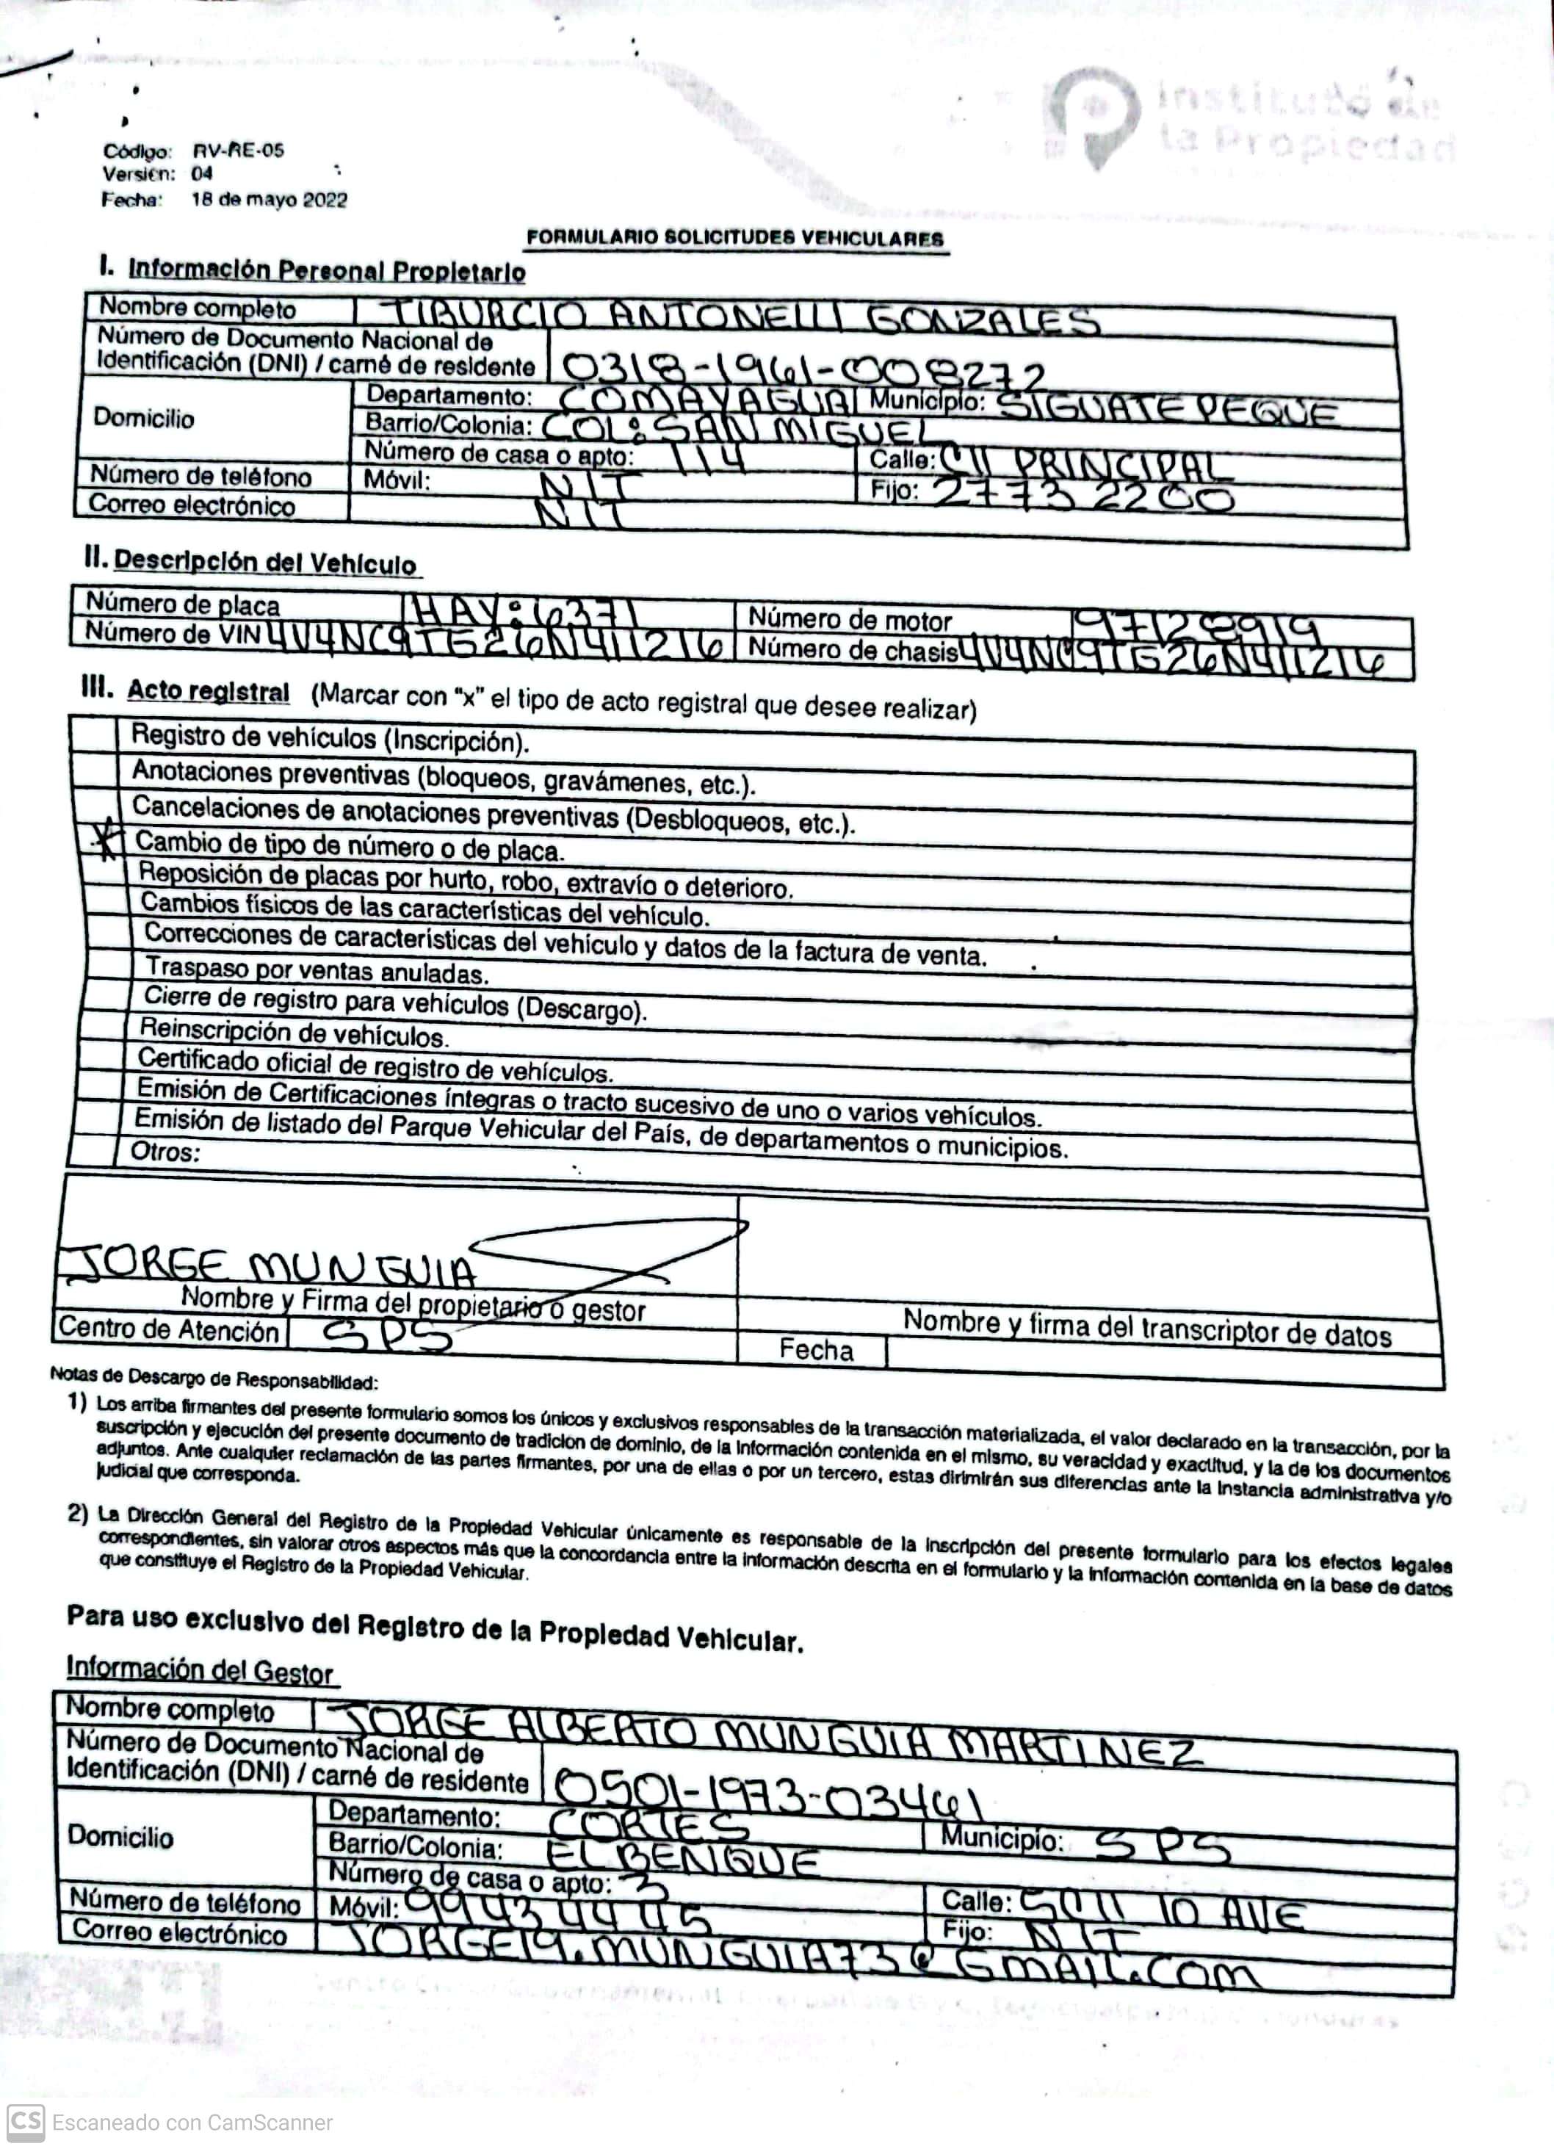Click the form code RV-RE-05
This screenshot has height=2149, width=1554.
(238, 150)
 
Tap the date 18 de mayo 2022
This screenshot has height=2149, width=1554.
(269, 200)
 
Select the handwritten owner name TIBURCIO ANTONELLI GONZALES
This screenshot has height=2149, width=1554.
(745, 318)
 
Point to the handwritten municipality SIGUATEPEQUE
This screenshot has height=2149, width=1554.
(1168, 411)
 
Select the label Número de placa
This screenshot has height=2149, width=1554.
(183, 604)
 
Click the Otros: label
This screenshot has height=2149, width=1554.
(166, 1152)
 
